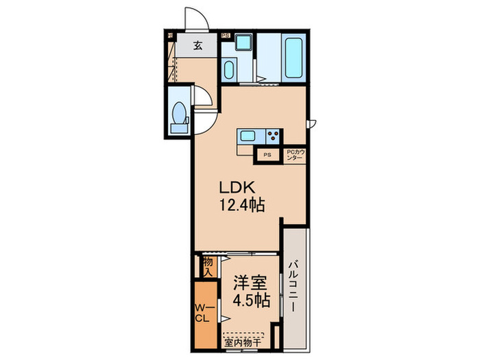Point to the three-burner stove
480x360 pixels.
pos(272,134)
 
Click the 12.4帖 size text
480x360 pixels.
pos(242,204)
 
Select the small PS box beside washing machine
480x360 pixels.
pos(225,36)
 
